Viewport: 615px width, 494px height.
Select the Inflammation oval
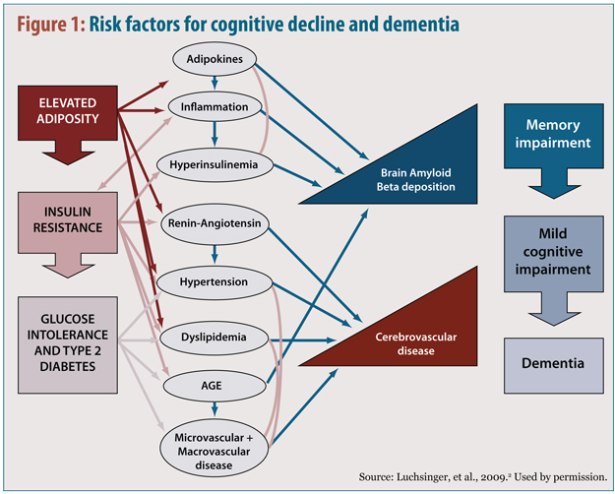tap(215, 105)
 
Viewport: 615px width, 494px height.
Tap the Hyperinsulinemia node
tap(215, 164)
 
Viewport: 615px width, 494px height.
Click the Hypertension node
tap(215, 281)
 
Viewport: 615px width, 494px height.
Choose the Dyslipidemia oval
tap(215, 339)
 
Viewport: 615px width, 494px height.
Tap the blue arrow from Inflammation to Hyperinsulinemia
tap(215, 135)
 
